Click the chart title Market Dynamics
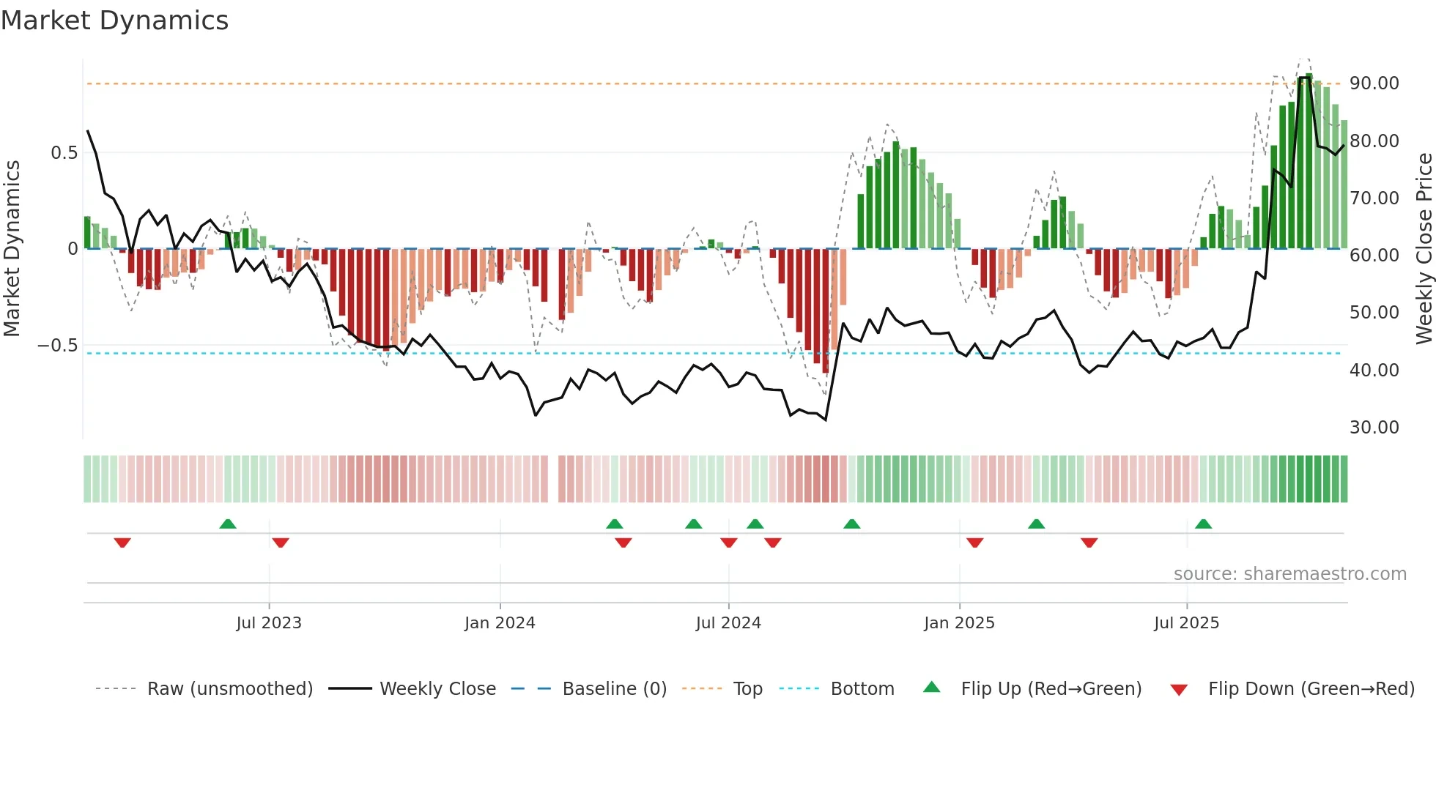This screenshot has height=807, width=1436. point(114,21)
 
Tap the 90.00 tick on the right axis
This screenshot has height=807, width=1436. point(1374,83)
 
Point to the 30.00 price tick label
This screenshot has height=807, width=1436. point(1374,428)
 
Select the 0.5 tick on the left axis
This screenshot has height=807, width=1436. point(64,153)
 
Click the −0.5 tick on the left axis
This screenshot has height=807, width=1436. point(57,346)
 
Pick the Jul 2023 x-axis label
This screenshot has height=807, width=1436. point(269,623)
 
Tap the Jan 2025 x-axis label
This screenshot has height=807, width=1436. point(959,623)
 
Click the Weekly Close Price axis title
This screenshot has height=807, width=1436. point(1424,249)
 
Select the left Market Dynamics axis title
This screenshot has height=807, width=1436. point(12,249)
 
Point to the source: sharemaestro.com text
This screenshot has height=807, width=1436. point(1289,574)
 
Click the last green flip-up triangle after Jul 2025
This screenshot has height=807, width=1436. point(1203,524)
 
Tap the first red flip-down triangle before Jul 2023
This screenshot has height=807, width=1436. point(122,543)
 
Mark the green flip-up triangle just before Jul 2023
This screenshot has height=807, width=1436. point(228,524)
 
